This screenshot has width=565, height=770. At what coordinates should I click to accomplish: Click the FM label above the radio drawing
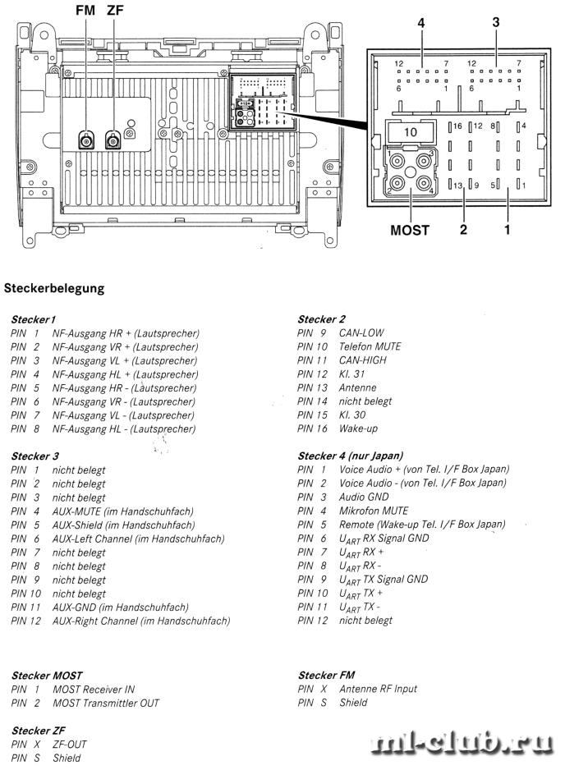pyautogui.click(x=85, y=10)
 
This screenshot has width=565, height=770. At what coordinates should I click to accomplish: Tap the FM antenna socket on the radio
pyautogui.click(x=86, y=141)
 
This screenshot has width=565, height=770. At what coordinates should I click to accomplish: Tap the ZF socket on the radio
pyautogui.click(x=113, y=141)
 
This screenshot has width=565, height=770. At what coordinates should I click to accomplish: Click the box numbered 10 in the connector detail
pyautogui.click(x=411, y=131)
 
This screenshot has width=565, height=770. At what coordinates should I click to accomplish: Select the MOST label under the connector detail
pyautogui.click(x=410, y=230)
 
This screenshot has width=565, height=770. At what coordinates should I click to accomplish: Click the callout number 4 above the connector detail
pyautogui.click(x=421, y=23)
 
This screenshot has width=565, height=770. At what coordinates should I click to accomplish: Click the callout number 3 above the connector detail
pyautogui.click(x=496, y=22)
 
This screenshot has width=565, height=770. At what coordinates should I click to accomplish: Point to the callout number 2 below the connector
pyautogui.click(x=463, y=229)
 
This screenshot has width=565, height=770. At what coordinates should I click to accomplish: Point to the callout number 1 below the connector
pyautogui.click(x=508, y=229)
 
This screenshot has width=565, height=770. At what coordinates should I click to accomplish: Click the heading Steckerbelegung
pyautogui.click(x=54, y=288)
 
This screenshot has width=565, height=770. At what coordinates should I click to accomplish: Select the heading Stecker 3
pyautogui.click(x=34, y=456)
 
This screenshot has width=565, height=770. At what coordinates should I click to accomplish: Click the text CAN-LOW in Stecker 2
pyautogui.click(x=361, y=332)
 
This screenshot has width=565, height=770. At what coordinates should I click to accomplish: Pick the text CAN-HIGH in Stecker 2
pyautogui.click(x=363, y=360)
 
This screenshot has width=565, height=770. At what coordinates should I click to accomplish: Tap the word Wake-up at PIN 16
pyautogui.click(x=358, y=429)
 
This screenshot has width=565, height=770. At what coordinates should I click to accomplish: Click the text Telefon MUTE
pyautogui.click(x=370, y=346)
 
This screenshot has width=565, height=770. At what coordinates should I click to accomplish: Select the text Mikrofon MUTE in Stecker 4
pyautogui.click(x=374, y=511)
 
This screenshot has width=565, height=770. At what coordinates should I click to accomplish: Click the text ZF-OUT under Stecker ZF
pyautogui.click(x=70, y=745)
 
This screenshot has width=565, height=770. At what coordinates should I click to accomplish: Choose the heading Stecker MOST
pyautogui.click(x=47, y=676)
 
